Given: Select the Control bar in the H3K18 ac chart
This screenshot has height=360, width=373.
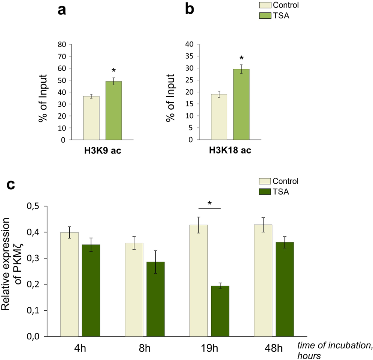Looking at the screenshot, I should point(219,117).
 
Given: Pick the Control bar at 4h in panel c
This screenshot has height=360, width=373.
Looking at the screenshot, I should point(69,284).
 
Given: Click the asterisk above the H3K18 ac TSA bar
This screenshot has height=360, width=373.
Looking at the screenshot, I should point(242,58).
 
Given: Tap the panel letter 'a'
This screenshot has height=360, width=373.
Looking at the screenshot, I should point(62,10).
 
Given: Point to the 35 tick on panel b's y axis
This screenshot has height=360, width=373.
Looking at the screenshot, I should point(191,56).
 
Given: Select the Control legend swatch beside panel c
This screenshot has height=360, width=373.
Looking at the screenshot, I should point(265,181).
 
